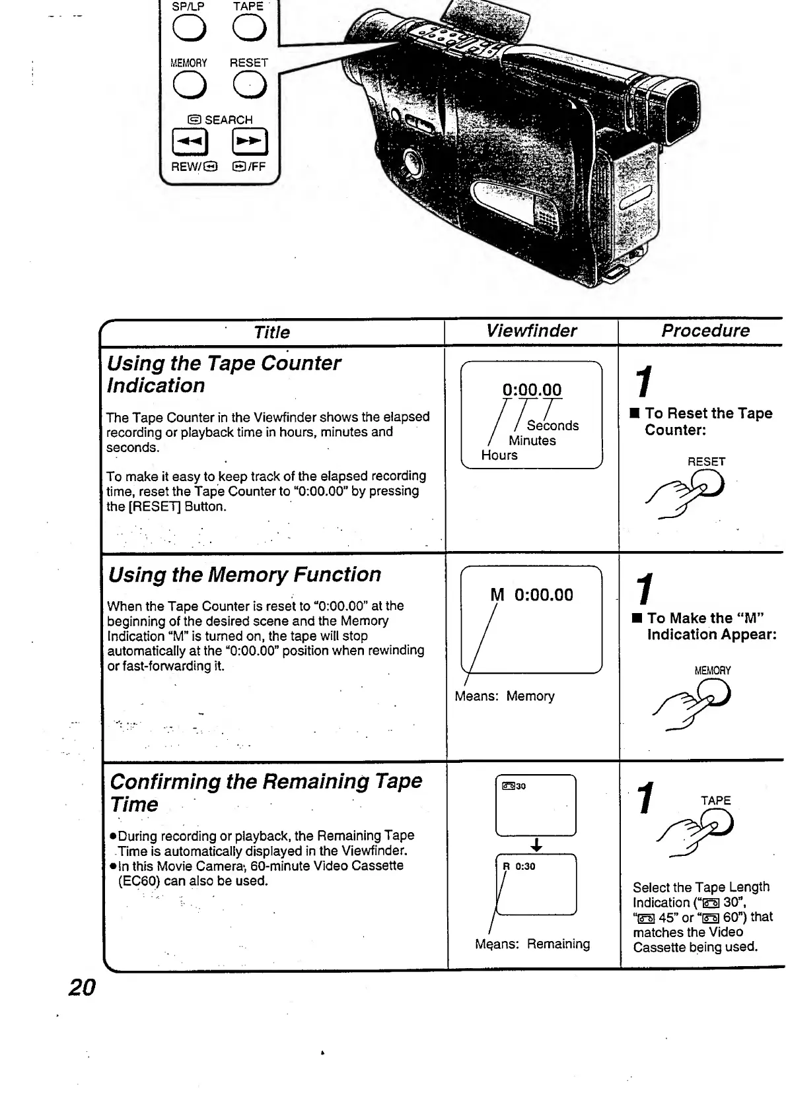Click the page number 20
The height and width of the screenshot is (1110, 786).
tap(83, 987)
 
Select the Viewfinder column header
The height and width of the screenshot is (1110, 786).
tap(531, 331)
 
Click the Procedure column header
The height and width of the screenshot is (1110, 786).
tap(705, 331)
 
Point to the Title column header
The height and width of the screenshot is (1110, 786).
tap(271, 333)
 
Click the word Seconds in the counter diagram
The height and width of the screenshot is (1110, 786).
tap(553, 426)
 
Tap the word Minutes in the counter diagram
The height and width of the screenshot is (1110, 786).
tap(532, 441)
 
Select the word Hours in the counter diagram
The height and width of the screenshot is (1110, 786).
tap(499, 455)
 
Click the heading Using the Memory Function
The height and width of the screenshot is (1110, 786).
tap(245, 575)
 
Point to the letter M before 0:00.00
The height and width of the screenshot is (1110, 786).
tap(497, 595)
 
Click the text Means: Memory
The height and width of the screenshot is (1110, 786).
tap(505, 696)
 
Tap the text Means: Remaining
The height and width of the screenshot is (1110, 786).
tap(532, 944)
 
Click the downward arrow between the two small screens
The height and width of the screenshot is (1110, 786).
tap(536, 845)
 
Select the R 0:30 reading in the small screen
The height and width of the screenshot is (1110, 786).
tap(519, 866)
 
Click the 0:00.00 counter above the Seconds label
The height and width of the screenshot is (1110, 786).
tap(532, 390)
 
